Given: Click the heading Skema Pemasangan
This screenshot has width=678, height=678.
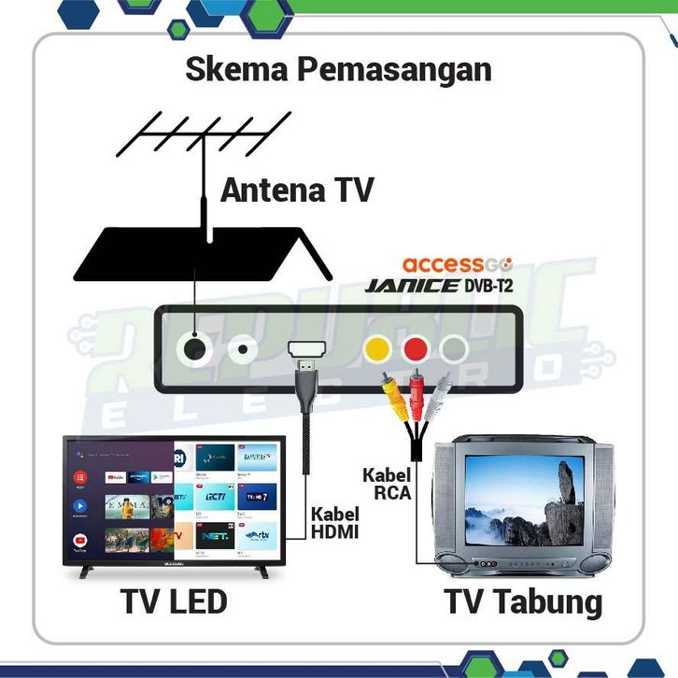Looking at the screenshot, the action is pos(338,71).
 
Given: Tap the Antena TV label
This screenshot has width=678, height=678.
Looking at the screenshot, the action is pos(297,191).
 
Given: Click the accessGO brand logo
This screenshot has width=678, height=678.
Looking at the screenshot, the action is pos(457,264).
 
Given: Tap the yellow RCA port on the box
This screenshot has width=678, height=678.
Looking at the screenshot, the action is pos(376,349).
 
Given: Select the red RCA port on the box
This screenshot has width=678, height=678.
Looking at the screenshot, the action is pos(415,349).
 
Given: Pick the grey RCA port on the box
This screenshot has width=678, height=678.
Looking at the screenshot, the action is pos(453,349).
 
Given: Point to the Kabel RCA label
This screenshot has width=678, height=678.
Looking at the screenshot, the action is pos(386,484).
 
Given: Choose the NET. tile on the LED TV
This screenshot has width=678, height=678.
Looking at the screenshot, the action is pos(212,539).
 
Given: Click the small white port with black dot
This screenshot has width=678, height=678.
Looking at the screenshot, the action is pos(245,349).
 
